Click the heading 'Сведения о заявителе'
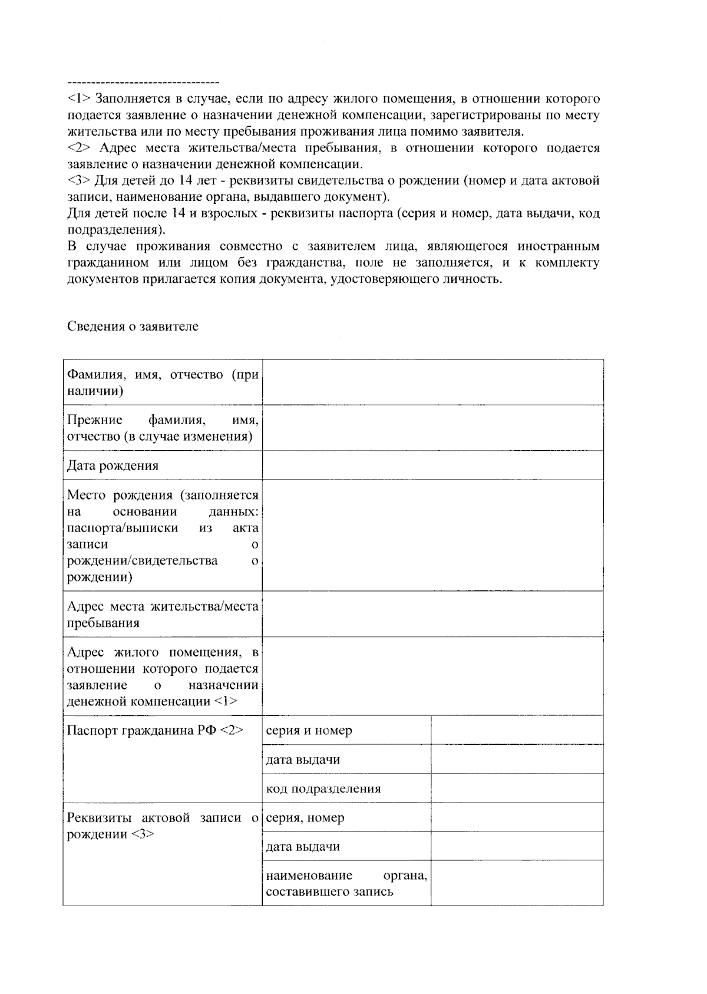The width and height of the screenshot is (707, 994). pos(133,326)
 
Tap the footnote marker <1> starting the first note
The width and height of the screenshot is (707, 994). pos(79,98)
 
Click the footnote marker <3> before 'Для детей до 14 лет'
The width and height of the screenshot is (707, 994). pos(79,180)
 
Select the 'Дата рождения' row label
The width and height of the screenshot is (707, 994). pos(113,465)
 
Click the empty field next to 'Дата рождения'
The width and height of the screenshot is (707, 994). pos(432,465)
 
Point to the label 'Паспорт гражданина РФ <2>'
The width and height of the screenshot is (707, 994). pos(155,730)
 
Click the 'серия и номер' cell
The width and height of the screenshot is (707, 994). pos(309,730)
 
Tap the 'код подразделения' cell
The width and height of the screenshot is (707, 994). pos(323,788)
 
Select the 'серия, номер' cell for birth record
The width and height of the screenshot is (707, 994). pos(305,817)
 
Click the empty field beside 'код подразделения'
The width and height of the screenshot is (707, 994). pos(517,788)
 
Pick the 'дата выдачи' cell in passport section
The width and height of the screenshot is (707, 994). pos(303,759)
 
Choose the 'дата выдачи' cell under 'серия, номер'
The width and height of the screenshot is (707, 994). pos(303,847)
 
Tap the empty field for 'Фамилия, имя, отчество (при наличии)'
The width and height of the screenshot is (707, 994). pos(432,382)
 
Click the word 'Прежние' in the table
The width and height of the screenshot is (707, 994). pos(94,420)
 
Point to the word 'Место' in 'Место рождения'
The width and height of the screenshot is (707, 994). pos(86,495)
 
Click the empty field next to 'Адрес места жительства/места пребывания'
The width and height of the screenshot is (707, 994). pos(432,614)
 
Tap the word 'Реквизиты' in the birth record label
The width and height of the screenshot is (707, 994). pos(100,817)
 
